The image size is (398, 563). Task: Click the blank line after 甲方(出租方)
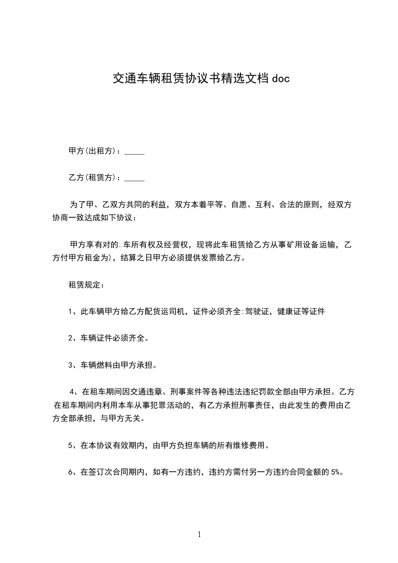point(134,151)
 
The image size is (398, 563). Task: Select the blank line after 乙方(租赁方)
point(134,178)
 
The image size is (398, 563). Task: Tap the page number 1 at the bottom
point(199,534)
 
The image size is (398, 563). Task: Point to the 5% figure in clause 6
point(335,472)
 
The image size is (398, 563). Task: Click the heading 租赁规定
point(86,285)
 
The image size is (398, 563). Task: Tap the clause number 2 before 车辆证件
point(71,339)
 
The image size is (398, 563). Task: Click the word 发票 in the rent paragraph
point(206,258)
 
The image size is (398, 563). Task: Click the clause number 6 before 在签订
point(71,472)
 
